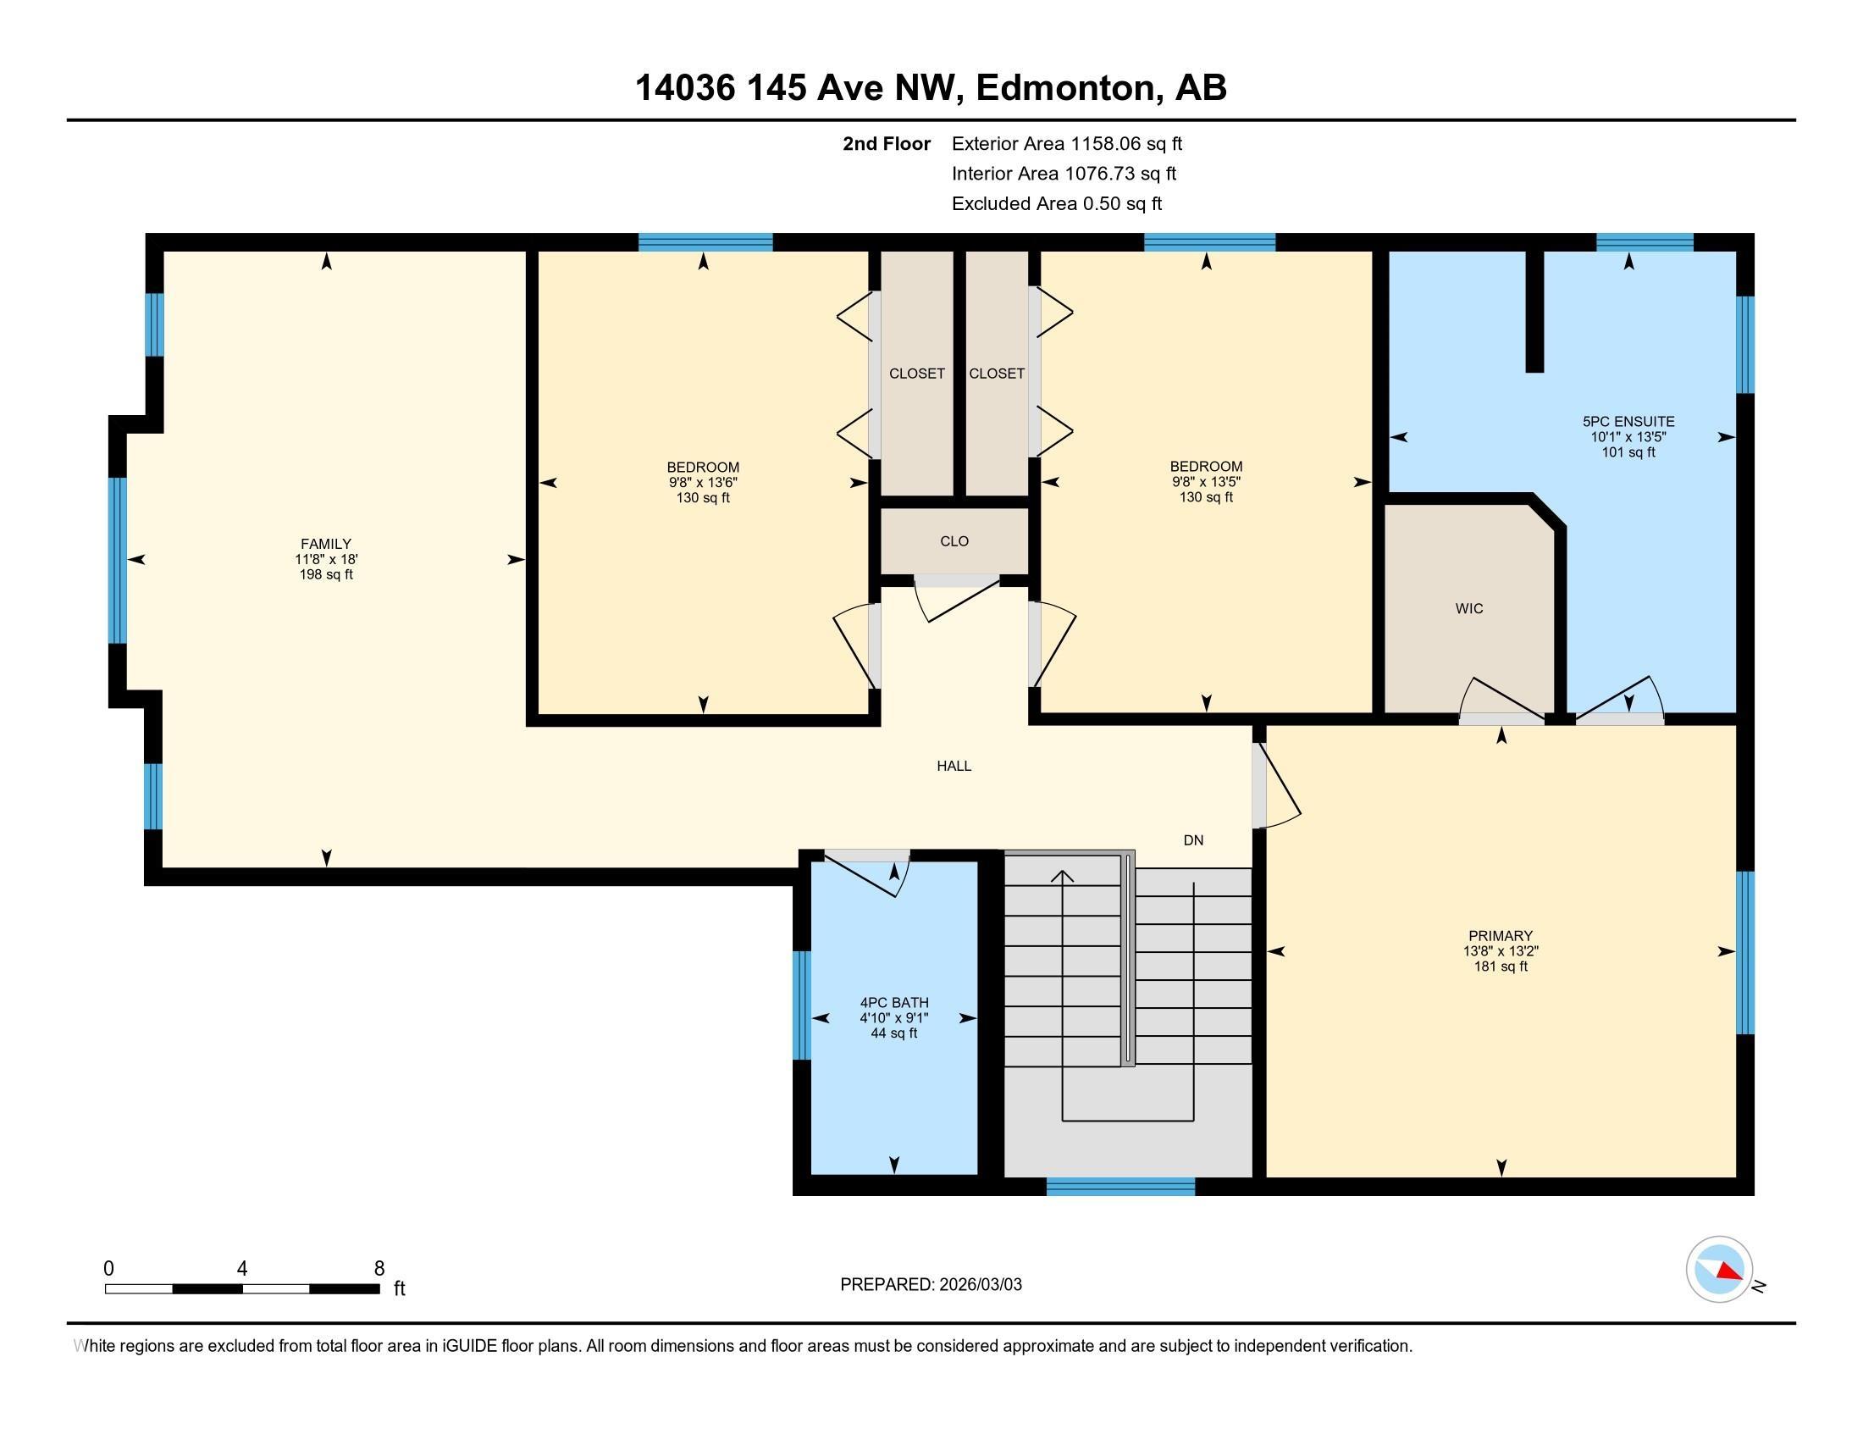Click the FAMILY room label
click(325, 544)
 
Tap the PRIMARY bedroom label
click(1501, 936)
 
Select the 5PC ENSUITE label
click(1628, 422)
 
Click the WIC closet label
click(1469, 608)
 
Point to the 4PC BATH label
click(894, 1002)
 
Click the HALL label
click(954, 766)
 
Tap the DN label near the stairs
click(1193, 840)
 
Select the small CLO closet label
click(954, 541)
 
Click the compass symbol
click(1720, 1270)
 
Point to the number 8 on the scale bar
click(379, 1268)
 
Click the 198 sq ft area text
click(325, 575)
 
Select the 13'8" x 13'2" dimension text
click(1501, 951)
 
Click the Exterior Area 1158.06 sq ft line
click(1066, 143)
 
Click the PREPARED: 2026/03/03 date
click(931, 1285)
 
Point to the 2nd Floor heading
click(887, 143)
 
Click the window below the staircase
click(1120, 1187)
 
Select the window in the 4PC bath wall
click(802, 1005)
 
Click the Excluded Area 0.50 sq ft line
click(1056, 203)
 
